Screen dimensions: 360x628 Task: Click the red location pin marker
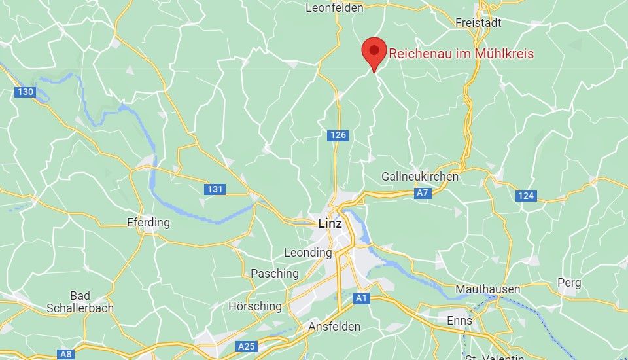(x=374, y=51)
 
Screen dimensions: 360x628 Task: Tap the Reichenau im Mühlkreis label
(x=461, y=54)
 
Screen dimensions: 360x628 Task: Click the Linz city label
(x=330, y=223)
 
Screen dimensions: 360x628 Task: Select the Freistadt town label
(x=478, y=23)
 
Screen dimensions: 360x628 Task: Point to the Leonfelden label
(x=334, y=9)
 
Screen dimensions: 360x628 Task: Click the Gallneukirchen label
(x=420, y=177)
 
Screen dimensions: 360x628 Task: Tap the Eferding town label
(x=148, y=223)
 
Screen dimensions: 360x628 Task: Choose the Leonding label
(x=308, y=253)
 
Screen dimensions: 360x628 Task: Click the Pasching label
(x=275, y=274)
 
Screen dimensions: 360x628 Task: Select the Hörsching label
(x=255, y=306)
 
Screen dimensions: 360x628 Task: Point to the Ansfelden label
(x=334, y=326)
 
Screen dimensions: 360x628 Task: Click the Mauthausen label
(x=488, y=289)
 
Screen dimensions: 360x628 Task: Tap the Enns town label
(x=459, y=321)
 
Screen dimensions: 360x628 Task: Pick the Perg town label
(x=568, y=283)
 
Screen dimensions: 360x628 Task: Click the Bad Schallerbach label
(x=80, y=302)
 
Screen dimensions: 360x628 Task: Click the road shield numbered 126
(x=338, y=135)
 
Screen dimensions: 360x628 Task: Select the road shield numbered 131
(x=215, y=190)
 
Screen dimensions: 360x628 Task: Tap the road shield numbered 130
(x=25, y=92)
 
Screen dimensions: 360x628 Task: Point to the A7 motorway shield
(x=423, y=193)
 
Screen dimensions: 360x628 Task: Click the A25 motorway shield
(x=247, y=346)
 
